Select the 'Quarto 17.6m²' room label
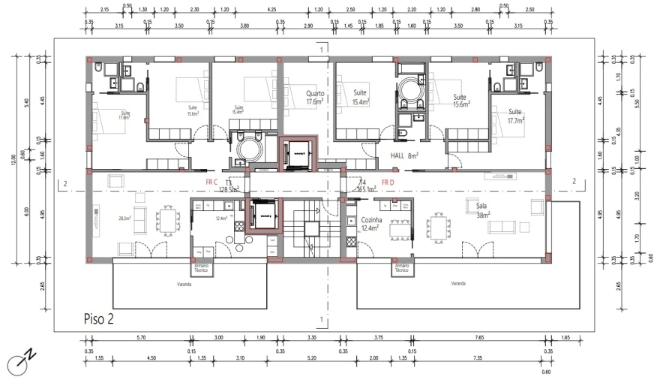pos(315,98)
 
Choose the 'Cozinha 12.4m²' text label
pos(372,224)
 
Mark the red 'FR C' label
pos(211,182)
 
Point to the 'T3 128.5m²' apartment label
pos(228,186)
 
